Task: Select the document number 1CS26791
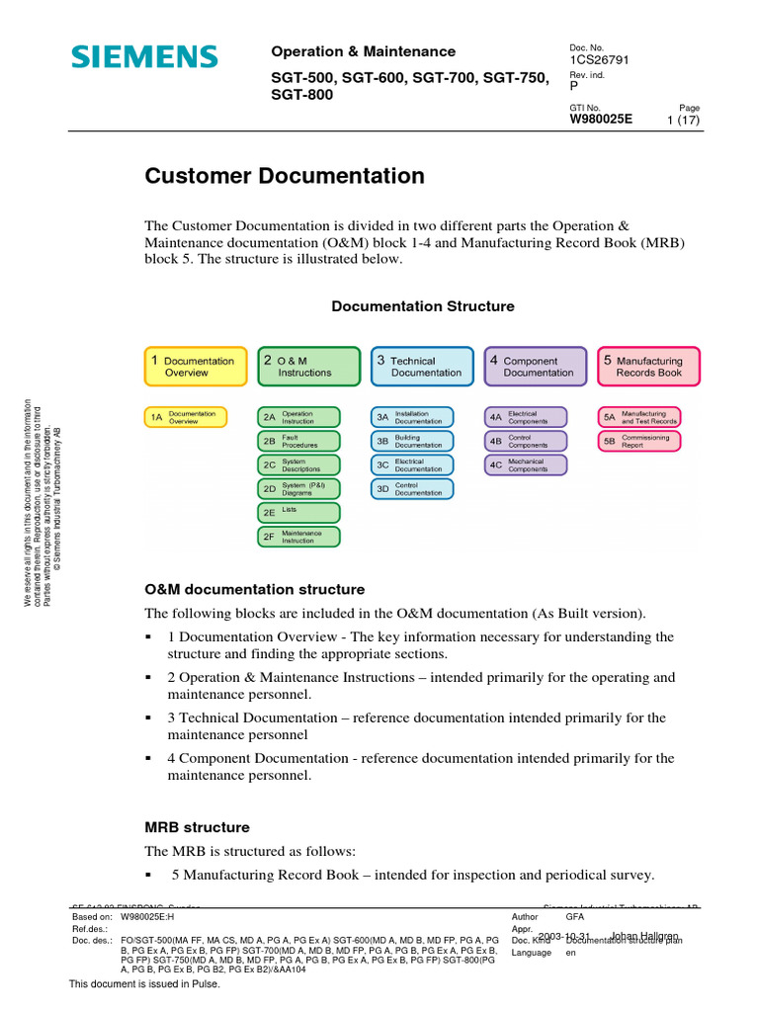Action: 600,59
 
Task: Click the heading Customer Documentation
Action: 285,177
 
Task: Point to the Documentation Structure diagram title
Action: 422,306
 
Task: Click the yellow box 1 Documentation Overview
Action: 195,367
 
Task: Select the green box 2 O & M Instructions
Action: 308,367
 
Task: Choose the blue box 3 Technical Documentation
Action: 421,367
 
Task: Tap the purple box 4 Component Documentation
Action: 535,367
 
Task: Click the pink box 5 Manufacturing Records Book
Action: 648,367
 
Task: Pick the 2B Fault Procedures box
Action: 298,441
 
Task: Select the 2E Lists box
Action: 298,512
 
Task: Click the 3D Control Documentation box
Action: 411,488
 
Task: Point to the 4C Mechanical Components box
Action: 525,464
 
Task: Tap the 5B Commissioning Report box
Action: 638,441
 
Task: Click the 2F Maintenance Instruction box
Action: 298,537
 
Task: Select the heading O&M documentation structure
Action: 255,590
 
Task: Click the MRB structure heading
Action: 198,827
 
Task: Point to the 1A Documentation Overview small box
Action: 186,417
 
